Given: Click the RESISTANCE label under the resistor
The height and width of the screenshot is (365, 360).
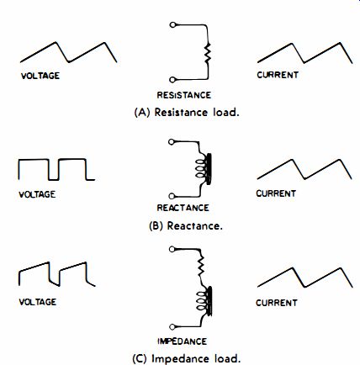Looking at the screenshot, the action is tap(184, 95).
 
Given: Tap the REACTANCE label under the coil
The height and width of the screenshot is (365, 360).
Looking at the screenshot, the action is tap(183, 208).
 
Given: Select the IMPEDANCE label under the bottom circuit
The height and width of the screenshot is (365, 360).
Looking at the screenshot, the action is tap(183, 341).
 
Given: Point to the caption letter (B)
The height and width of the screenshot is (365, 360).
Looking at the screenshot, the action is tap(156, 225).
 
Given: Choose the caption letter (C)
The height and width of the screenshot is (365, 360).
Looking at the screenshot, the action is tap(140, 359).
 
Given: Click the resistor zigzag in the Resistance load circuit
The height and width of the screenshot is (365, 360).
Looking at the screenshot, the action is tap(208, 52).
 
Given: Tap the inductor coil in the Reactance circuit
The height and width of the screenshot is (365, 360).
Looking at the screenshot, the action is tap(204, 169).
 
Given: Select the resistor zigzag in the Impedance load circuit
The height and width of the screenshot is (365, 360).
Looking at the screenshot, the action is tap(201, 267).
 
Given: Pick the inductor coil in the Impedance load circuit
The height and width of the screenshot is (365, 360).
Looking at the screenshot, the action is tap(204, 301).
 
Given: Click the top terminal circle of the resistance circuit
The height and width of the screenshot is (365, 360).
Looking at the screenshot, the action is tap(172, 25).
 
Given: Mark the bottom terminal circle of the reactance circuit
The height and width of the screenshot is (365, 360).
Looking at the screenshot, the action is tap(172, 196).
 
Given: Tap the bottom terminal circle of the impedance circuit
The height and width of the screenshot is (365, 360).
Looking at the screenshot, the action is tap(172, 327).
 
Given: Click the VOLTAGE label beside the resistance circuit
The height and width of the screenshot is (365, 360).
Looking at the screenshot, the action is tap(40, 76).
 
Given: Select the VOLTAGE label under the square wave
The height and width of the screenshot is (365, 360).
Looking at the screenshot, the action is tap(37, 194).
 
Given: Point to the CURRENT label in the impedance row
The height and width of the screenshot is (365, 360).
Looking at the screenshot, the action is tap(277, 303).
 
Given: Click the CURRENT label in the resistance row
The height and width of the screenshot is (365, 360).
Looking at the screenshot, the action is tap(278, 75).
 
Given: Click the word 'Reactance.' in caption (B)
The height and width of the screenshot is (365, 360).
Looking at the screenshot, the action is tap(195, 225).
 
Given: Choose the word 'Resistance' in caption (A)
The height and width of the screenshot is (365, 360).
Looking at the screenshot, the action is tap(181, 113).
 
